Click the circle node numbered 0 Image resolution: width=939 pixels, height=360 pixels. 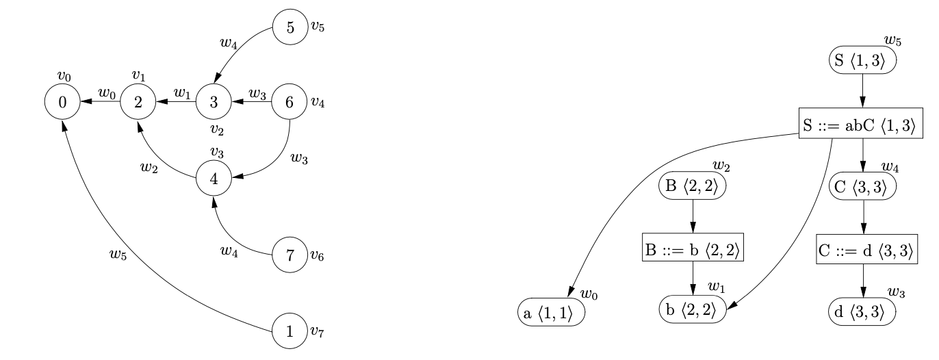pyautogui.click(x=62, y=103)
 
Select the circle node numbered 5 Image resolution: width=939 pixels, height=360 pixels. pyautogui.click(x=290, y=28)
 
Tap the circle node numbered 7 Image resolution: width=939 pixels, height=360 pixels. pyautogui.click(x=290, y=256)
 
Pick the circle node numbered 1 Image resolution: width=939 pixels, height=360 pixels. pyautogui.click(x=290, y=332)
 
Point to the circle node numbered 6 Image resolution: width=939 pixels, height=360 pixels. pyautogui.click(x=290, y=103)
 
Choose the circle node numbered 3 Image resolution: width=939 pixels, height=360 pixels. pyautogui.click(x=214, y=103)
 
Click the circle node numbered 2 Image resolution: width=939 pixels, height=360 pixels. pyautogui.click(x=138, y=103)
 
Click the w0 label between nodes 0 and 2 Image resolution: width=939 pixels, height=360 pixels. pyautogui.click(x=107, y=93)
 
